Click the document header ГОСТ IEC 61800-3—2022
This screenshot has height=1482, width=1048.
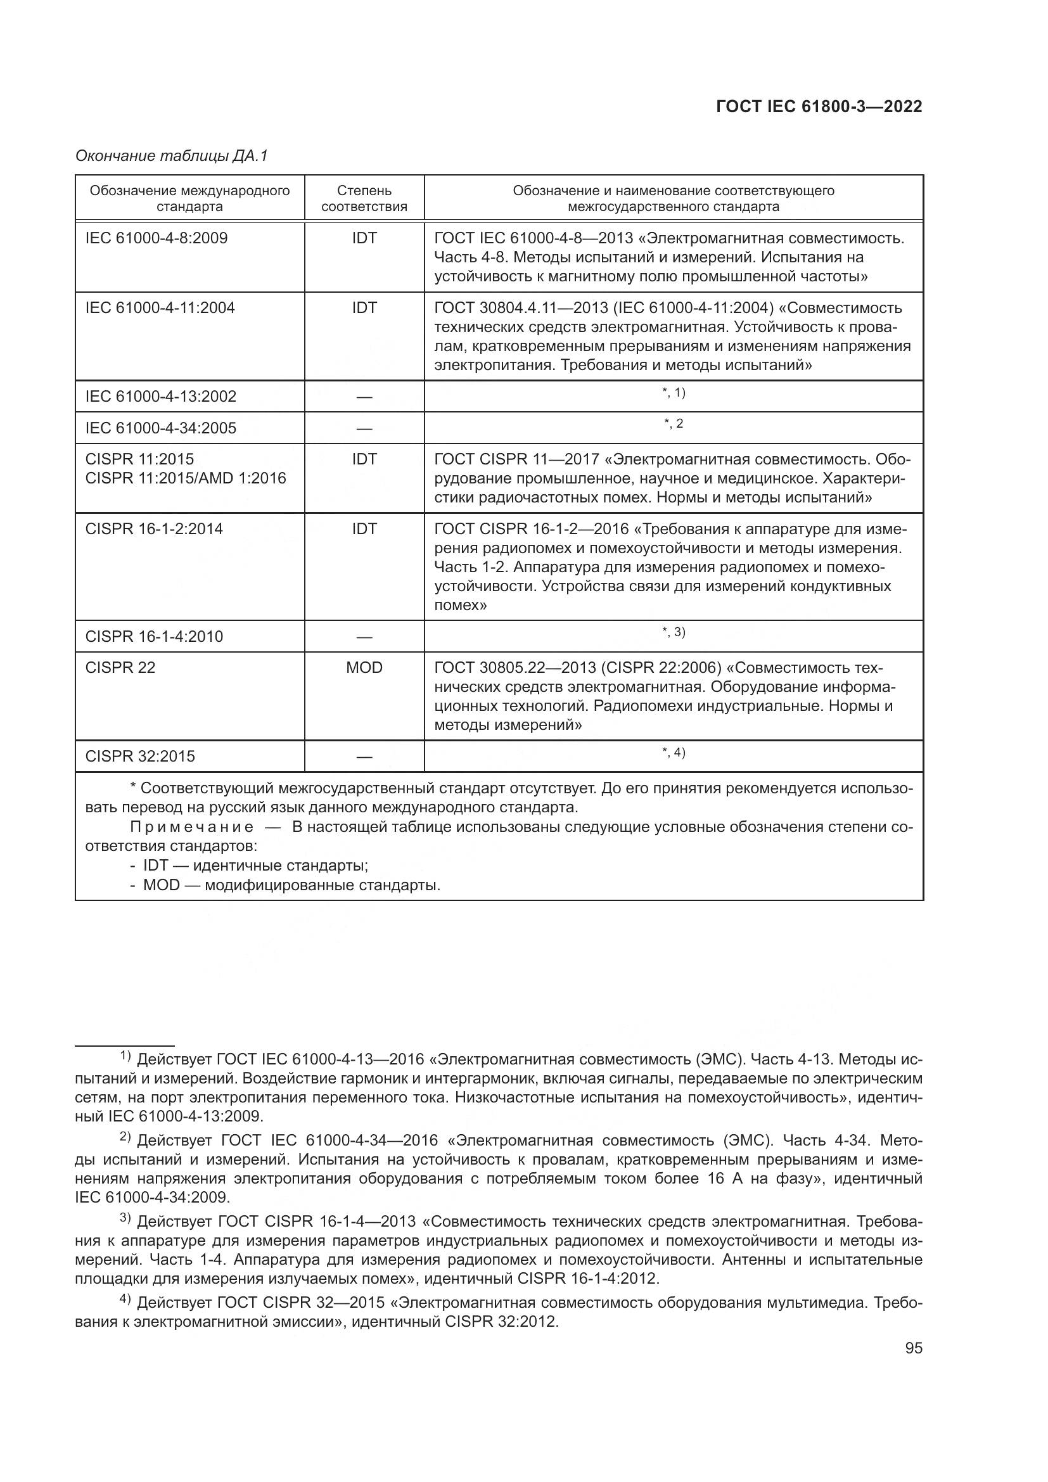[819, 107]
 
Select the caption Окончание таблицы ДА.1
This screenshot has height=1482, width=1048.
[172, 157]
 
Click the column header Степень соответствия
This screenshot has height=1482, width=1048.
[364, 198]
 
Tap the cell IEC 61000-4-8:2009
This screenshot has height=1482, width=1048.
[156, 238]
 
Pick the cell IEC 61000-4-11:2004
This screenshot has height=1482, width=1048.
[160, 308]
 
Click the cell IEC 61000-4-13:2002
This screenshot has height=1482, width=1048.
[161, 396]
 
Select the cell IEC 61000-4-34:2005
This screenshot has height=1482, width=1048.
[161, 428]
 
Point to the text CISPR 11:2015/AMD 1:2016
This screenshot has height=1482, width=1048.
[185, 478]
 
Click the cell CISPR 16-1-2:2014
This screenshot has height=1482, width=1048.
[154, 528]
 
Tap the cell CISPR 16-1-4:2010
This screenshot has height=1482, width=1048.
[154, 636]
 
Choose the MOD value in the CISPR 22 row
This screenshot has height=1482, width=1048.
[364, 667]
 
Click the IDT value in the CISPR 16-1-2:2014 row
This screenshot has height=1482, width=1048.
[364, 528]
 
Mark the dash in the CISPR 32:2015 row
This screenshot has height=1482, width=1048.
[364, 757]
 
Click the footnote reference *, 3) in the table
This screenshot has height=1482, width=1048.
[674, 632]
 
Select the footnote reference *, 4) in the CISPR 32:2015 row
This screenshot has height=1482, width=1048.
[674, 753]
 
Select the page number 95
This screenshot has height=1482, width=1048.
[913, 1348]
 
